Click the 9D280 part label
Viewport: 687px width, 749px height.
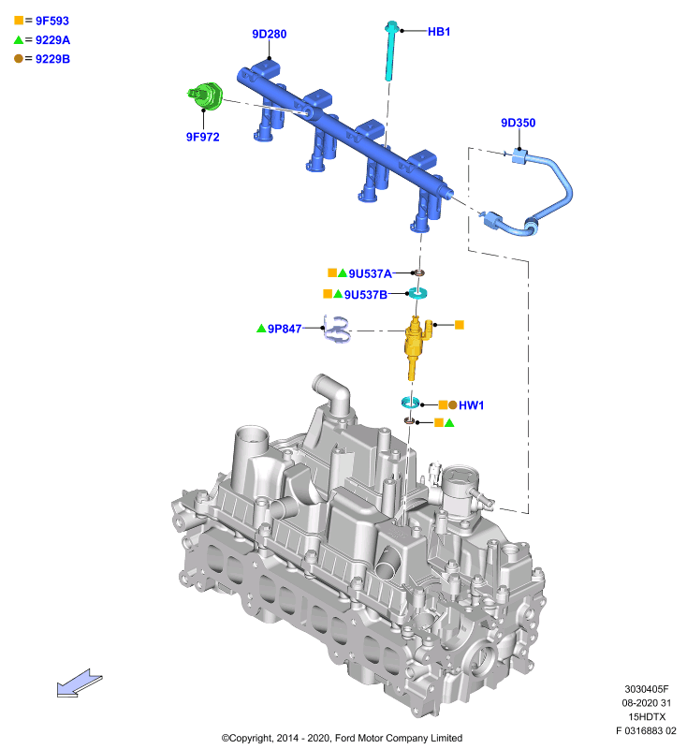click(x=270, y=34)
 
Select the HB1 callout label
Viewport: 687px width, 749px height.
click(x=439, y=32)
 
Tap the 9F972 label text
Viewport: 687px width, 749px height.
click(x=203, y=137)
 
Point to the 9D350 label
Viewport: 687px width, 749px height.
click(x=518, y=123)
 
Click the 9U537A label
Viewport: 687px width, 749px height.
click(x=370, y=273)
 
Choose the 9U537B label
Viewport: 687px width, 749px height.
click(x=366, y=295)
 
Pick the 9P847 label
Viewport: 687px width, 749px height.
click(x=285, y=329)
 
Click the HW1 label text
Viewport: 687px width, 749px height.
click(x=471, y=405)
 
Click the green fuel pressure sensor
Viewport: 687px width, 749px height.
click(x=206, y=95)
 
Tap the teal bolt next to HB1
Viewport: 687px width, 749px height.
click(x=391, y=51)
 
